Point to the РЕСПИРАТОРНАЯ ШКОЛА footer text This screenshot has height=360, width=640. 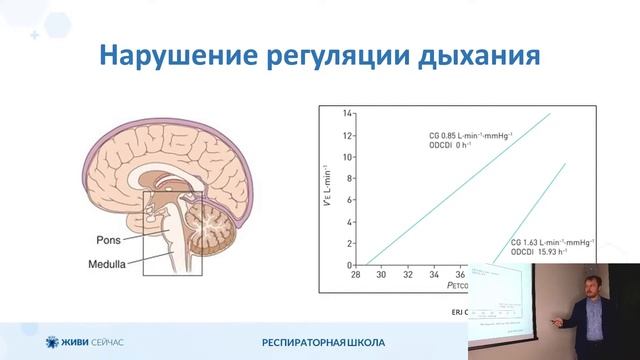pos(322,343)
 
